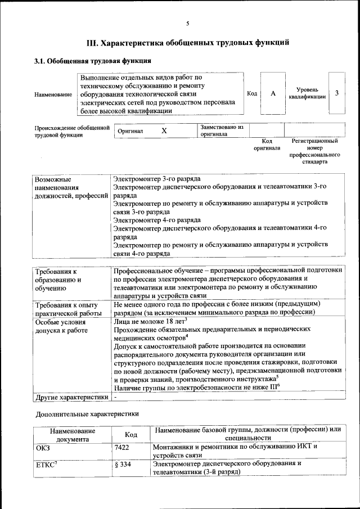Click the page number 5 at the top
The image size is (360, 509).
click(187, 23)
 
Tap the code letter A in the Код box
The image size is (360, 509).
click(273, 93)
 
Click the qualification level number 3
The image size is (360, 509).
click(336, 93)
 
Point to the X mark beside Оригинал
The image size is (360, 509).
click(164, 130)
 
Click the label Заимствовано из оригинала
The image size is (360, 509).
click(221, 130)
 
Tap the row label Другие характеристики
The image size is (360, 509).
click(71, 397)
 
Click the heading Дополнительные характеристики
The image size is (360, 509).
click(87, 414)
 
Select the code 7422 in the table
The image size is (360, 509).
click(123, 447)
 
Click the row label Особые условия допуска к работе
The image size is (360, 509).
click(61, 327)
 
